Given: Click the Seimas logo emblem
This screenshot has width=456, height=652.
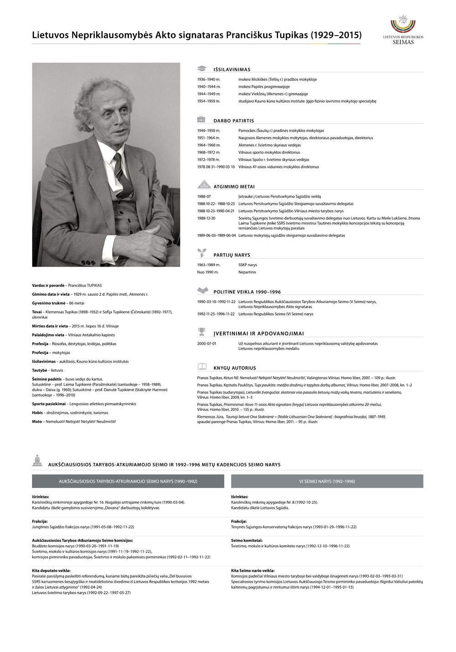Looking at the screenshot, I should tap(403, 25).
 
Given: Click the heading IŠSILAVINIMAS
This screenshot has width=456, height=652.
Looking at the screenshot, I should tap(232, 69).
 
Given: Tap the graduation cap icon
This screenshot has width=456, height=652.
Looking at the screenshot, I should tap(202, 69).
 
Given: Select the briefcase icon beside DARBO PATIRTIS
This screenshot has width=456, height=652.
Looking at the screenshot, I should tap(202, 120).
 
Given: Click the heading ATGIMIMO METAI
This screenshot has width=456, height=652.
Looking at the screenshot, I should tap(234, 187).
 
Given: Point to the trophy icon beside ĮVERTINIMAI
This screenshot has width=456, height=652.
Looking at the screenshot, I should tap(202, 332).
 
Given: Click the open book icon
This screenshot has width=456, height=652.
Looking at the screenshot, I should tap(202, 367).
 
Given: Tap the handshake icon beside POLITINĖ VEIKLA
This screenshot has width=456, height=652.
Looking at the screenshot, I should tap(202, 291).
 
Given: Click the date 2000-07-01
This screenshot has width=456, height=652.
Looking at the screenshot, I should tap(207, 343).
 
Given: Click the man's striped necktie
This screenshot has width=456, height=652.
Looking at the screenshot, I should tap(119, 168).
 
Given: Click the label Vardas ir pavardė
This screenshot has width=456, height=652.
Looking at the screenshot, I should tap(48, 285).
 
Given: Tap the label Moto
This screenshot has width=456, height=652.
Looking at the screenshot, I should tap(37, 421).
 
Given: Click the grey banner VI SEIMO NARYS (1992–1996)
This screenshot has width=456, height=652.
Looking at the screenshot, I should tap(327, 481).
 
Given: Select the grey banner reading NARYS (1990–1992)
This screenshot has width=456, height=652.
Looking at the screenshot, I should tap(128, 481).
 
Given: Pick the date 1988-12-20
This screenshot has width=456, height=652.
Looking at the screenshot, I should tap(206, 218).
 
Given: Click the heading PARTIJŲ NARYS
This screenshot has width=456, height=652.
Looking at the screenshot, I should tap(232, 255).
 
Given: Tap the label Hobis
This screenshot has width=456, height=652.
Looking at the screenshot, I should tap(37, 413).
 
